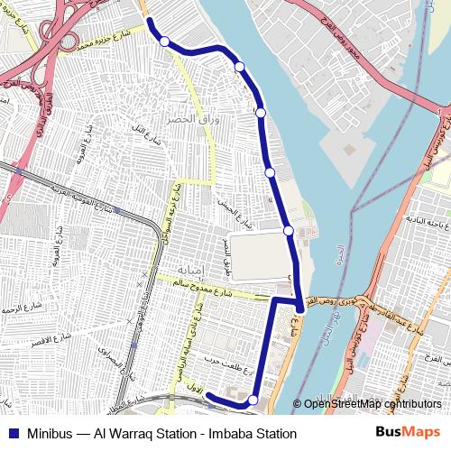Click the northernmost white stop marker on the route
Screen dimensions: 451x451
tap(164, 41)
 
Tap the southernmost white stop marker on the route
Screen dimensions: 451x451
tap(253, 400)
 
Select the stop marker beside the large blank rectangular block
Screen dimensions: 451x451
tap(289, 231)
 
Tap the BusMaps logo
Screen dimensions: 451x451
tap(407, 433)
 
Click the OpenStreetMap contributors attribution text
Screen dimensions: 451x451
tap(372, 404)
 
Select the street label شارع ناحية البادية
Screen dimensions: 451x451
tap(424, 221)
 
